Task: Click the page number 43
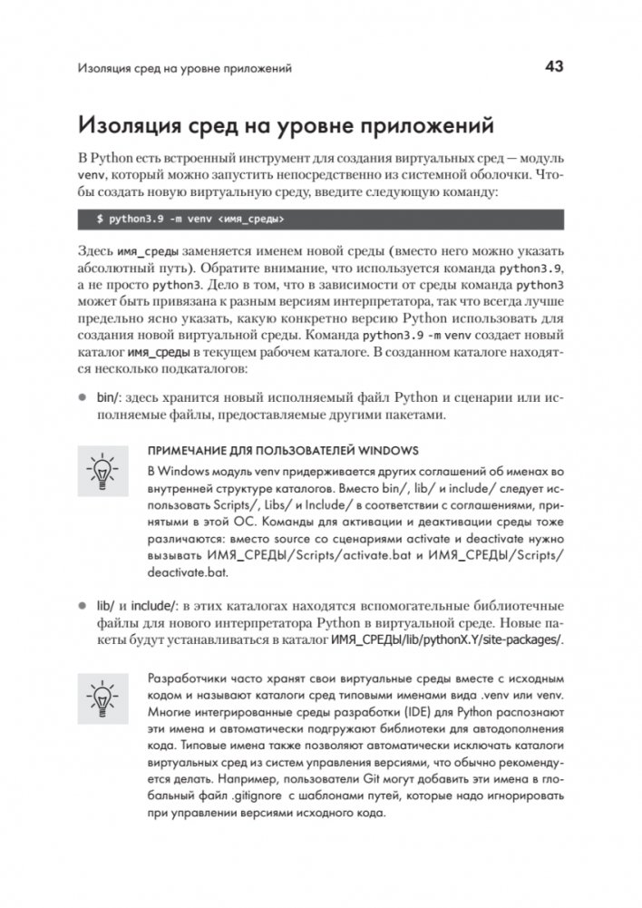[x=554, y=66]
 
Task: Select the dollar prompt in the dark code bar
[x=100, y=219]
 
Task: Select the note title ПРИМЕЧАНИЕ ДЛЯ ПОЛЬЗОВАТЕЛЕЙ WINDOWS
[x=281, y=451]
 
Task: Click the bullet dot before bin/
[x=82, y=396]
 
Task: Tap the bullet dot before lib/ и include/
[x=82, y=605]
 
